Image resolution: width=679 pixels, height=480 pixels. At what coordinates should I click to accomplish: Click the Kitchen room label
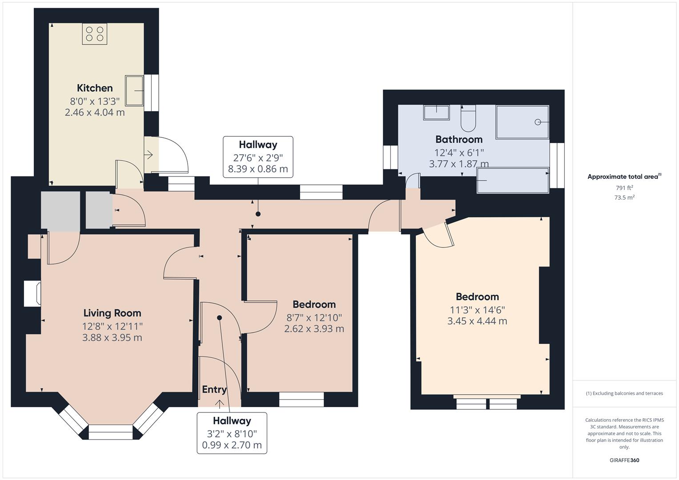click(x=95, y=88)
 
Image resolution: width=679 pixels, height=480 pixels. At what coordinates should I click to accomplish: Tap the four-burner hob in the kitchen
click(x=95, y=34)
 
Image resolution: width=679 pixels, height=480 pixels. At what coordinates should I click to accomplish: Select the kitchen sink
click(x=134, y=91)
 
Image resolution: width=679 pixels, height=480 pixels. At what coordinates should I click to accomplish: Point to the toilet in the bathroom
click(x=468, y=119)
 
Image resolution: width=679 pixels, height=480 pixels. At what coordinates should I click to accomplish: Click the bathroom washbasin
click(x=437, y=112)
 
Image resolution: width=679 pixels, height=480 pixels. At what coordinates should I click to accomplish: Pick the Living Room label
click(x=112, y=313)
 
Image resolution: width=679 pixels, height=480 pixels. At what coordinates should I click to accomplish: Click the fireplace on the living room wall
click(x=32, y=293)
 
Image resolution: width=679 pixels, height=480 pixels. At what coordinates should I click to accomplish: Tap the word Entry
click(x=214, y=389)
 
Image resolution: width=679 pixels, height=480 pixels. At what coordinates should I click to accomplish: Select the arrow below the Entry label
click(x=220, y=404)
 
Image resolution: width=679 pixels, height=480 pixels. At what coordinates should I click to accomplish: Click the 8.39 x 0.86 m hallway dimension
click(x=258, y=169)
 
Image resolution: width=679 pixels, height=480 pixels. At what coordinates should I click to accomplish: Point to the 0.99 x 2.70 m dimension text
click(x=232, y=445)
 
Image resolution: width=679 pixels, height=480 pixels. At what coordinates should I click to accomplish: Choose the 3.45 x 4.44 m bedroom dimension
click(x=477, y=321)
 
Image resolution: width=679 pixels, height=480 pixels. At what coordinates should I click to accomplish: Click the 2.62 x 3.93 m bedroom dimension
click(x=314, y=329)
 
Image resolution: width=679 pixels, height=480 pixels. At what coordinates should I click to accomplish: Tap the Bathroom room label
click(x=459, y=140)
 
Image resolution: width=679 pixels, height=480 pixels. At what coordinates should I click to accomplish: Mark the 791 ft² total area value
click(x=624, y=188)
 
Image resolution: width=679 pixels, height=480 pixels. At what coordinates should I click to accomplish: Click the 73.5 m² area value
click(x=624, y=197)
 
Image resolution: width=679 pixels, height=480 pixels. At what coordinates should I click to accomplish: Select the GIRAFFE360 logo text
click(x=624, y=460)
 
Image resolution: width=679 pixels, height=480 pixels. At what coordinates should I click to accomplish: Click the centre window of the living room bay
click(x=111, y=432)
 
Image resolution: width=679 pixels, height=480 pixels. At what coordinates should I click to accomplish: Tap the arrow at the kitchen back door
click(x=149, y=155)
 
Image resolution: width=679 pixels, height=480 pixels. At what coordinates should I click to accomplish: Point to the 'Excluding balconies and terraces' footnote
click(x=624, y=393)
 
